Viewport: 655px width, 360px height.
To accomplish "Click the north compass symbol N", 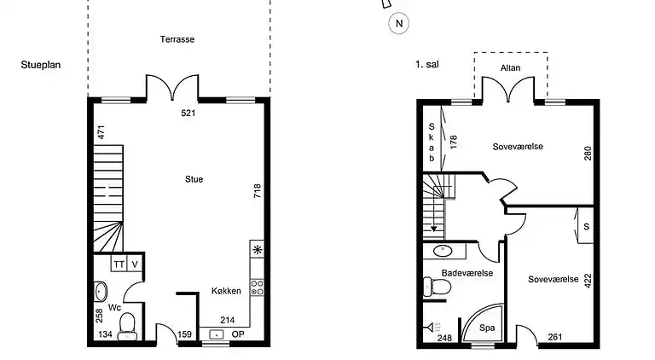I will pyautogui.click(x=398, y=24).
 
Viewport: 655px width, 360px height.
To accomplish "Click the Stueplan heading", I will pyautogui.click(x=40, y=64).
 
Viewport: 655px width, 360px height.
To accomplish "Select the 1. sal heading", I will pyautogui.click(x=427, y=64).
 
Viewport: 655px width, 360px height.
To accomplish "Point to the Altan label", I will pyautogui.click(x=510, y=67).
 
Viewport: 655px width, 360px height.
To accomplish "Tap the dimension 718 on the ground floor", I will pyautogui.click(x=257, y=191).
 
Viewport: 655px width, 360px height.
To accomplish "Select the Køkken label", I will pyautogui.click(x=226, y=291).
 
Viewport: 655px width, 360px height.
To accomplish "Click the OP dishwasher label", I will pyautogui.click(x=238, y=334).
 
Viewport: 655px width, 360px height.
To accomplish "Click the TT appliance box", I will pyautogui.click(x=119, y=264).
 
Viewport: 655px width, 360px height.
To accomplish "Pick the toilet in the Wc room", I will pyautogui.click(x=126, y=324).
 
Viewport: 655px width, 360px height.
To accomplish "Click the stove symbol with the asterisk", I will pyautogui.click(x=257, y=250).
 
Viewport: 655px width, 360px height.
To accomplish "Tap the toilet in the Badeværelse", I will pyautogui.click(x=439, y=288).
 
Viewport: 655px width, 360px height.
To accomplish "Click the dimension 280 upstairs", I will pyautogui.click(x=587, y=154).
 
